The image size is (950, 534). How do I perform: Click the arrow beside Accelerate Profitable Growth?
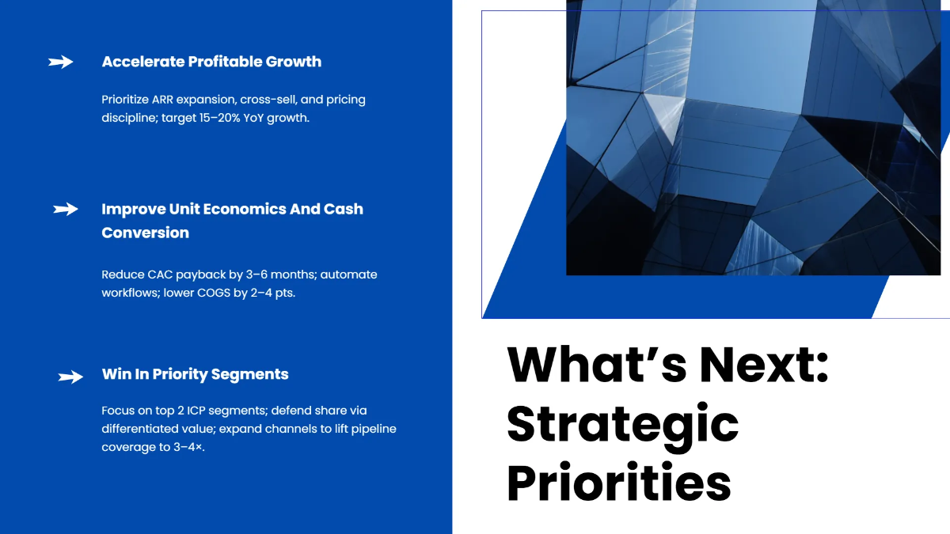[61, 62]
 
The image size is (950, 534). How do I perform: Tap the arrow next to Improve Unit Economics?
[66, 209]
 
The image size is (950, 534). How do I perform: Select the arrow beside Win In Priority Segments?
[70, 377]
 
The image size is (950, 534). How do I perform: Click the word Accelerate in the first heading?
[143, 62]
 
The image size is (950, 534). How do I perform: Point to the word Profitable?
[225, 62]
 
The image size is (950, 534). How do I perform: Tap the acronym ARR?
[162, 100]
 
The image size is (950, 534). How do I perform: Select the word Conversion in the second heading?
[146, 233]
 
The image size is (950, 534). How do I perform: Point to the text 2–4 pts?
[272, 293]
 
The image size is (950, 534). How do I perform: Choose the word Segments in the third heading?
[250, 374]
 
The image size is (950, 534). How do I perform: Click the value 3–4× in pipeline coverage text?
[188, 447]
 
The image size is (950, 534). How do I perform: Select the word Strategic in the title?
[622, 426]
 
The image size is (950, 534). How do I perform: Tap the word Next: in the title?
[764, 365]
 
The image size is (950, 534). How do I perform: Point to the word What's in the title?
[596, 365]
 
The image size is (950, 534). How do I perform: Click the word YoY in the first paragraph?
[253, 118]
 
